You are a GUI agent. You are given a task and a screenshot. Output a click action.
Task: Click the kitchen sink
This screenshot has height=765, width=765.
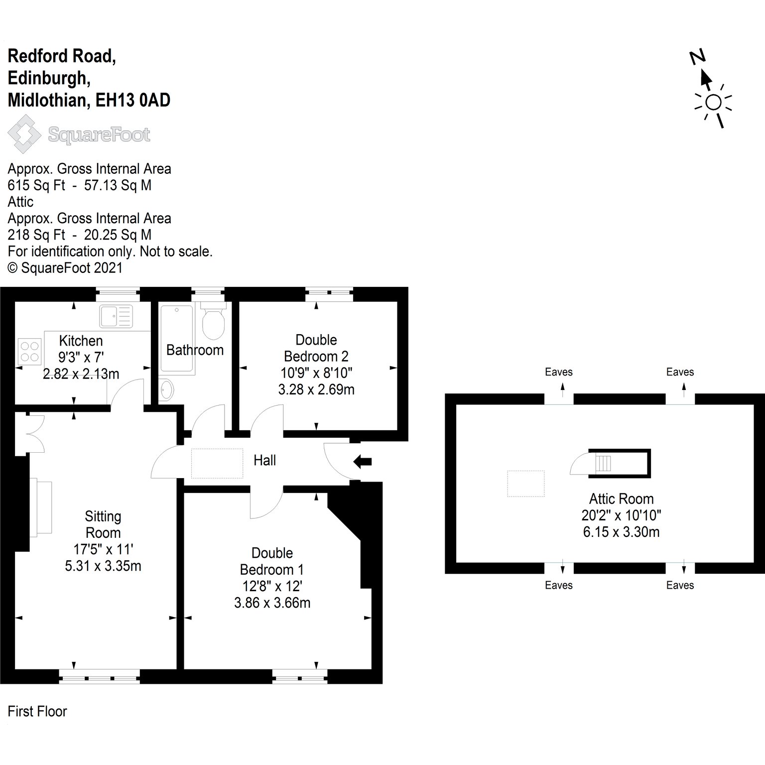click(116, 316)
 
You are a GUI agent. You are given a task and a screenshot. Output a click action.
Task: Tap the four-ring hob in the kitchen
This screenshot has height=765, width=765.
click(29, 351)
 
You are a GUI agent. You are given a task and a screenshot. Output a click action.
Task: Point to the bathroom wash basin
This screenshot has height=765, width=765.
click(167, 389)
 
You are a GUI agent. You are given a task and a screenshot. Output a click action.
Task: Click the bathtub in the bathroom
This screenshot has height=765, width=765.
click(177, 339)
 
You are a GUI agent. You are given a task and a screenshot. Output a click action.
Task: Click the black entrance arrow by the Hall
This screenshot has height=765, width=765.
click(363, 462)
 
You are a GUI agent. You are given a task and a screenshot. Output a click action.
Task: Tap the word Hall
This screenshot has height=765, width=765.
click(264, 460)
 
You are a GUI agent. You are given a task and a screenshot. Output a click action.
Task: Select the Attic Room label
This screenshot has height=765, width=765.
click(621, 499)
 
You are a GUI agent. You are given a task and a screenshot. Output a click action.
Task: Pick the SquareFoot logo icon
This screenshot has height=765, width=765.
click(24, 134)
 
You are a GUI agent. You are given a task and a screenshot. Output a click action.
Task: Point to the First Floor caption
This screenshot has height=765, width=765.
click(37, 711)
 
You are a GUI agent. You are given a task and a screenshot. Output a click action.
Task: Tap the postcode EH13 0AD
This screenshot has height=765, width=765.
click(133, 100)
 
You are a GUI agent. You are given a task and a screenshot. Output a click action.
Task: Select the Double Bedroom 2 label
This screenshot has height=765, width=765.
click(316, 348)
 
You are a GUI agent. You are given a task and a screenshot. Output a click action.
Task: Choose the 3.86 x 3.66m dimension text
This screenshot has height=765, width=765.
click(272, 603)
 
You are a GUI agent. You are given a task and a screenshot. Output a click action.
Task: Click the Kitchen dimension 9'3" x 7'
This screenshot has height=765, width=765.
click(81, 357)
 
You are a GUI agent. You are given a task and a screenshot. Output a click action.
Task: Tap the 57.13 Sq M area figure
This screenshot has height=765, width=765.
click(118, 185)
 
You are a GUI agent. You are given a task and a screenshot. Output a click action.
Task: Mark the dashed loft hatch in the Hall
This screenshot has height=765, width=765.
click(217, 464)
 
